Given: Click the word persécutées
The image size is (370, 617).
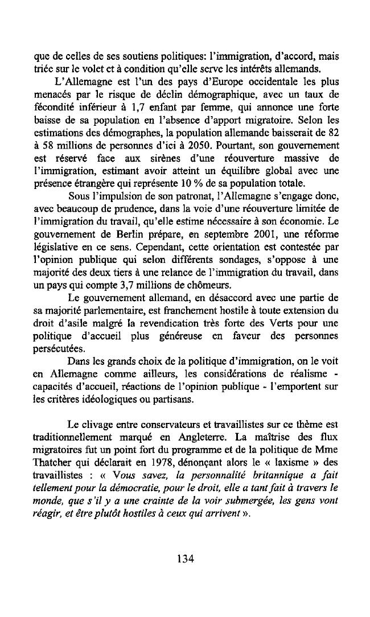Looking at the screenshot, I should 60,348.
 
